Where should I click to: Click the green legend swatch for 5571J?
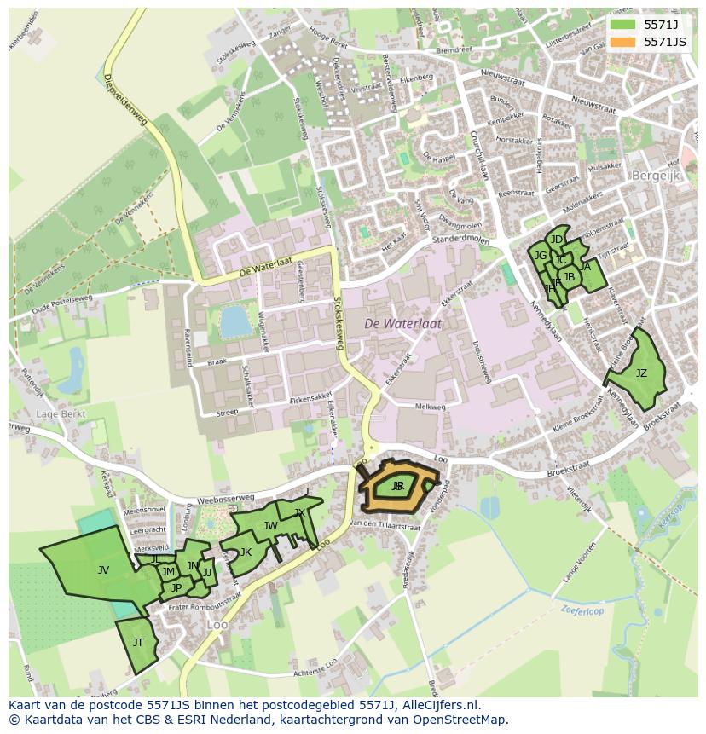(x=622, y=25)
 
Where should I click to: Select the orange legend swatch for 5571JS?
(x=622, y=42)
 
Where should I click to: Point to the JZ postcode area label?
(x=641, y=373)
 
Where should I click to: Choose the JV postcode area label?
(x=103, y=570)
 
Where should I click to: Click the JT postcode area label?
(x=138, y=643)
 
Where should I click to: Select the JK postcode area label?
(x=246, y=552)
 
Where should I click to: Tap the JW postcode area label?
(x=270, y=526)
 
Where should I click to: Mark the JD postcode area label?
(x=557, y=240)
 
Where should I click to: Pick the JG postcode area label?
(x=541, y=255)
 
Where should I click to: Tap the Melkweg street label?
(x=430, y=407)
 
